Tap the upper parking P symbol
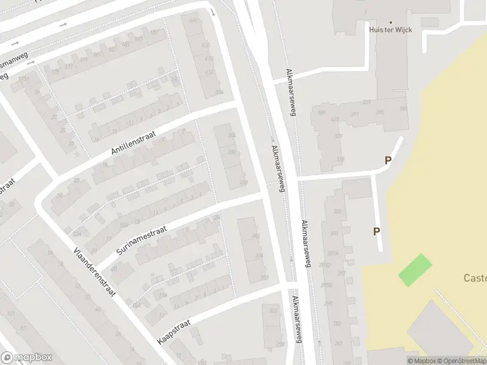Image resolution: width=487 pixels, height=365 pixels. click(x=387, y=161)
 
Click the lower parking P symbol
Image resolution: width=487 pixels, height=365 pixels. click(x=376, y=231)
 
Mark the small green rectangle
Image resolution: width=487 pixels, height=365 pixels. click(x=415, y=270)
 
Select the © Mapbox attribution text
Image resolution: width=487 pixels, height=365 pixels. click(x=421, y=361)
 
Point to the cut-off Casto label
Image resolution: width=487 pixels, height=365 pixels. click(x=475, y=279)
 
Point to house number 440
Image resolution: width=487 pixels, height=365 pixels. click(x=194, y=21)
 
